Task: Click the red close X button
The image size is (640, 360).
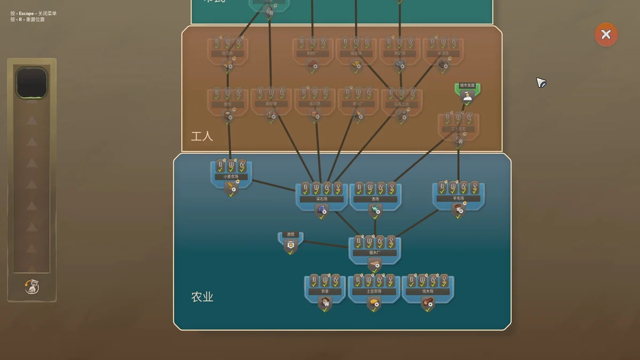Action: point(606,35)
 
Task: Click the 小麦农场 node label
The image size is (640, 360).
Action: point(231,177)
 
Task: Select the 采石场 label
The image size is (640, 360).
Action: point(322,199)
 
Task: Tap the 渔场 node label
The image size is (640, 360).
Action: point(375,199)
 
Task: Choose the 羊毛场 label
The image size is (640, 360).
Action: point(458,198)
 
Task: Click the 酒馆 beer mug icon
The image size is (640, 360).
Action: point(291,245)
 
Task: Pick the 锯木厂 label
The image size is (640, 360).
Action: point(374,253)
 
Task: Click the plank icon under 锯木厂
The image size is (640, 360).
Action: point(374,265)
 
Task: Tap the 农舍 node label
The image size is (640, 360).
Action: point(325,292)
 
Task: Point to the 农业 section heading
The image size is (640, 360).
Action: point(202,297)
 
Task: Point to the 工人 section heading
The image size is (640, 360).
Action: point(202,136)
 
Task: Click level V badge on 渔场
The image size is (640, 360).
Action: point(392,188)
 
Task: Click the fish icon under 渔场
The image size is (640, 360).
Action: point(375,210)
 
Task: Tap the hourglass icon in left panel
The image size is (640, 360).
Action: point(31,287)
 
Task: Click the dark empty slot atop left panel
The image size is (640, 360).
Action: point(31,83)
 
